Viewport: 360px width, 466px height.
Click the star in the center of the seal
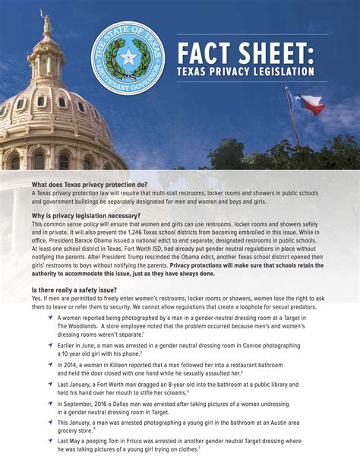(128, 58)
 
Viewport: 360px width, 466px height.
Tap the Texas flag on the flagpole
(312, 104)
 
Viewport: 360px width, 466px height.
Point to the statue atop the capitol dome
(47, 23)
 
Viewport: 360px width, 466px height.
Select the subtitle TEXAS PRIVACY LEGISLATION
(245, 71)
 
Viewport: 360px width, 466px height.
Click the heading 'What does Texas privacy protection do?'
(89, 185)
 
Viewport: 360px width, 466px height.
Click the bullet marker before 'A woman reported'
(49, 316)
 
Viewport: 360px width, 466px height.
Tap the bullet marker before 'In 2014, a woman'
(49, 365)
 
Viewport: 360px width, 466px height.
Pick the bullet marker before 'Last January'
(49, 385)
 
